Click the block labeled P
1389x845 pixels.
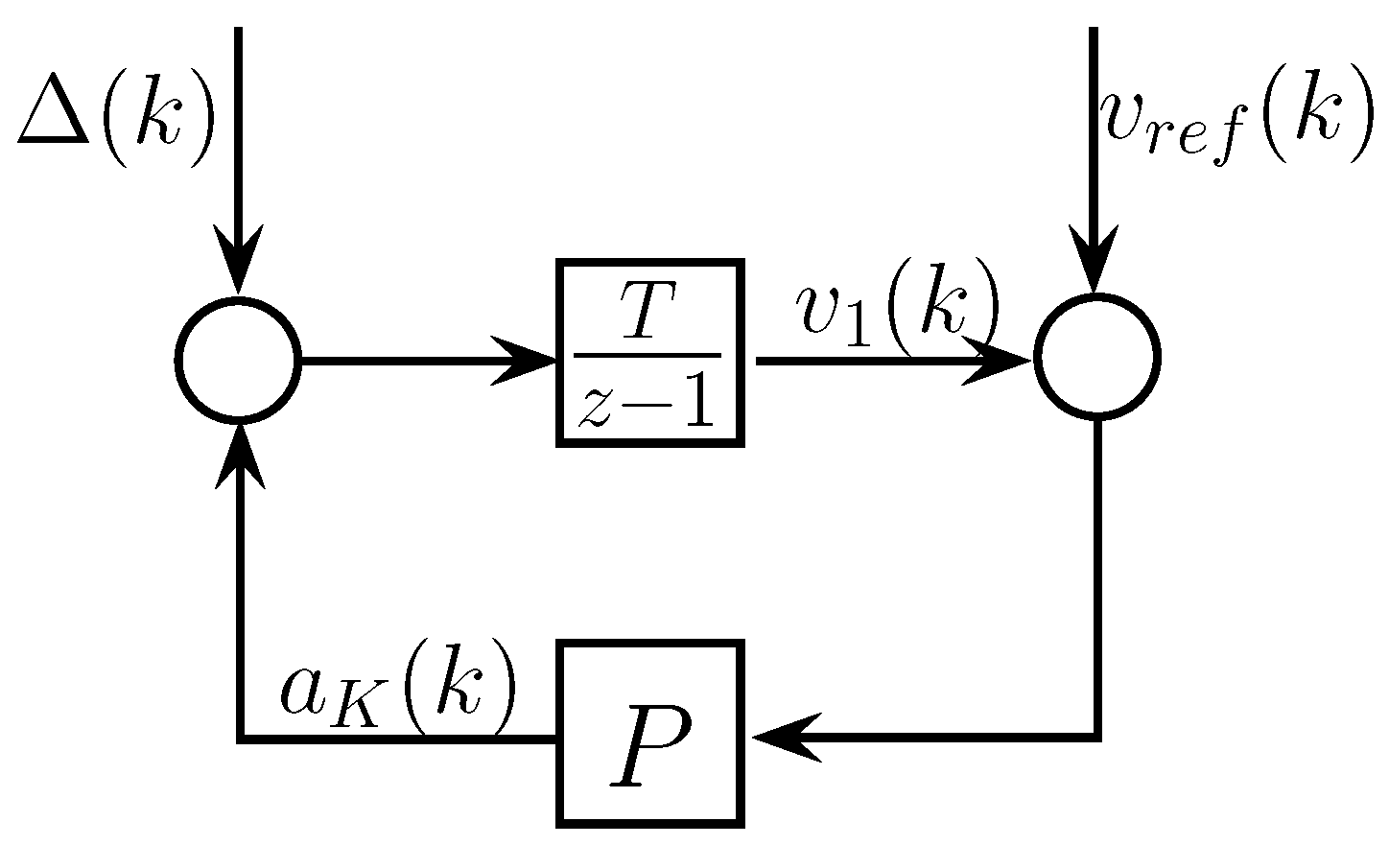pyautogui.click(x=651, y=735)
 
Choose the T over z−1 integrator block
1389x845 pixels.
pyautogui.click(x=651, y=353)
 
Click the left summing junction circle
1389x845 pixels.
pyautogui.click(x=238, y=360)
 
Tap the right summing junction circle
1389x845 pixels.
pyautogui.click(x=1097, y=356)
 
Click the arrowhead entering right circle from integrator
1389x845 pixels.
pyautogui.click(x=998, y=361)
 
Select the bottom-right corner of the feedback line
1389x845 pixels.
pyautogui.click(x=1095, y=737)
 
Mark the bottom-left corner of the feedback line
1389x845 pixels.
pyautogui.click(x=239, y=738)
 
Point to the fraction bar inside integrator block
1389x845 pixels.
pyautogui.click(x=647, y=355)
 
